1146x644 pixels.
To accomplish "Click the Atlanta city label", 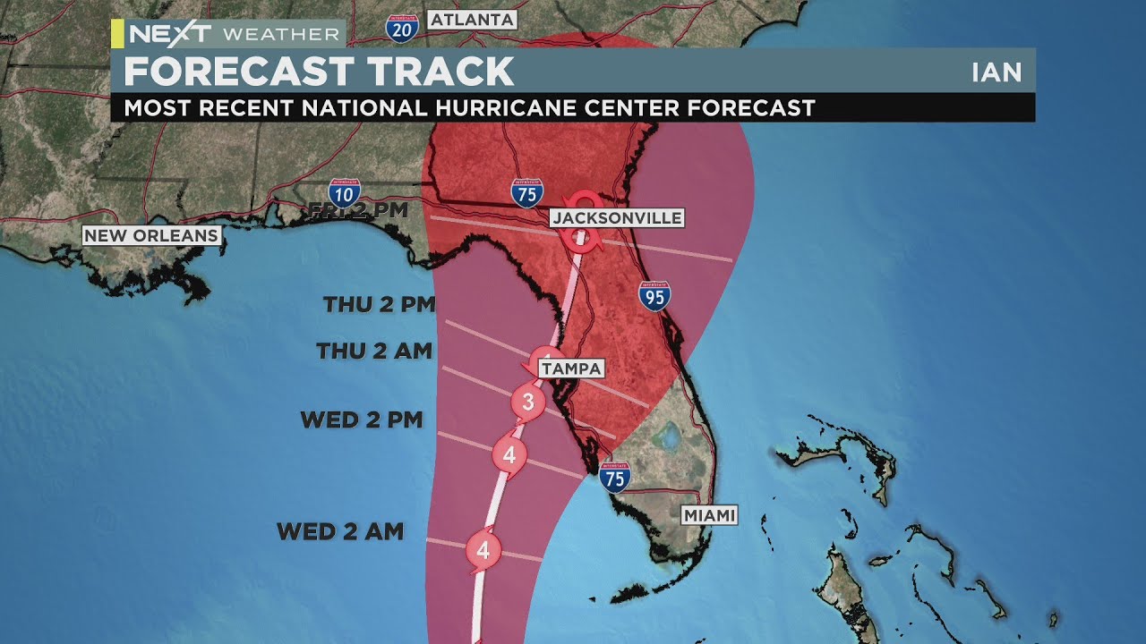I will (472, 19).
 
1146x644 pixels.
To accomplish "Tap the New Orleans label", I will (151, 235).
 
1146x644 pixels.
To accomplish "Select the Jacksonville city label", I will (617, 217).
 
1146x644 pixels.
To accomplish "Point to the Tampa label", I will (571, 369).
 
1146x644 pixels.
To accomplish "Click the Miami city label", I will (709, 515).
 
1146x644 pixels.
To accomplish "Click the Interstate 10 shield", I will (344, 193).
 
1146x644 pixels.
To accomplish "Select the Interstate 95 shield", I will (654, 295).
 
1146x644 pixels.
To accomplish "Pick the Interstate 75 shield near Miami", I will (614, 477).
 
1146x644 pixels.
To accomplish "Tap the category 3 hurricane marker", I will (528, 402).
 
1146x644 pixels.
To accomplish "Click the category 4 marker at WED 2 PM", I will (509, 454).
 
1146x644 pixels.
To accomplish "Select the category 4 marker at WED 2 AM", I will (483, 549).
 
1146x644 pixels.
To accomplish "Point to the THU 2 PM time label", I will (379, 304).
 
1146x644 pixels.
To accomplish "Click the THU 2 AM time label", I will (374, 351).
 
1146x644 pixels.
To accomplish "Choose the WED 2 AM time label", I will (340, 531).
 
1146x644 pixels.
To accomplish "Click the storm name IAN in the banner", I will (996, 72).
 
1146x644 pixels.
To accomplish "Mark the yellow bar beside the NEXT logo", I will (117, 34).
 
